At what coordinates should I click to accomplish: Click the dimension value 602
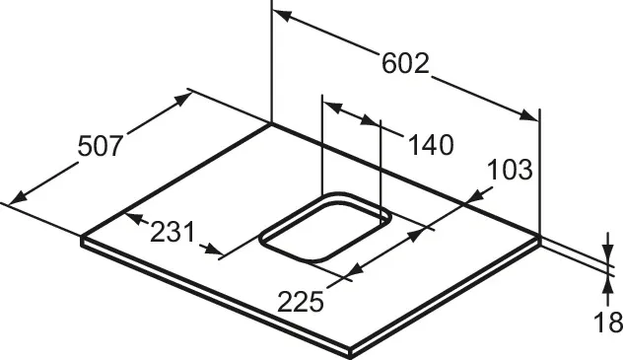tap(405, 63)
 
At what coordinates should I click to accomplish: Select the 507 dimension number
tap(100, 146)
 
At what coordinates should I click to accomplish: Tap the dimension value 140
tap(431, 145)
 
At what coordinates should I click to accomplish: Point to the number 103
tap(510, 170)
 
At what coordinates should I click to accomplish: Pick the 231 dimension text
tap(173, 232)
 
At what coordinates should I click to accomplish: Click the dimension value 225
tap(301, 302)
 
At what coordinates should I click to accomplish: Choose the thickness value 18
tap(607, 323)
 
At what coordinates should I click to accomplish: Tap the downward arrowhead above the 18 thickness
tap(607, 253)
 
